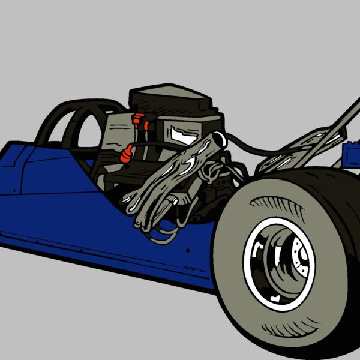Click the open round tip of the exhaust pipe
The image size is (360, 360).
click(218, 140)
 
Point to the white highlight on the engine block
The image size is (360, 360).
click(180, 132)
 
